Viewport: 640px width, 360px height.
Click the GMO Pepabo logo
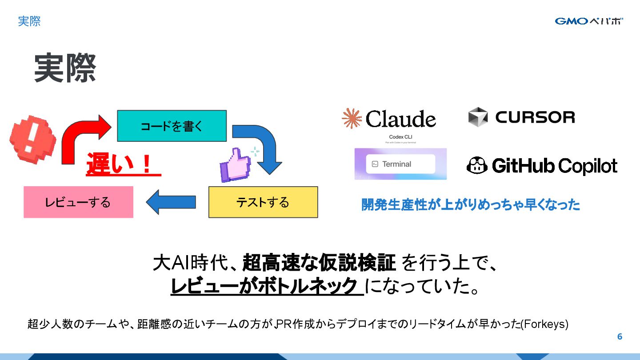tap(589, 21)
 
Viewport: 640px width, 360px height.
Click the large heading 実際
tap(65, 68)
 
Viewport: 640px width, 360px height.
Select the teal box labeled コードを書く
tap(172, 126)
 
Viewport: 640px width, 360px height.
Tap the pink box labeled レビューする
tap(78, 202)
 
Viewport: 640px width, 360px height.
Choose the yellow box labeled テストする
tap(263, 202)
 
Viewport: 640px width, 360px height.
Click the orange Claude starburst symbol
tap(352, 118)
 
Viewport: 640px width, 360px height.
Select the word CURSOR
tap(535, 117)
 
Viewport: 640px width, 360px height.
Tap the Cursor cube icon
tap(478, 117)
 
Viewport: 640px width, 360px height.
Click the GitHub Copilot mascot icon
tap(476, 166)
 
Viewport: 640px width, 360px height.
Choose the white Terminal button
tap(400, 164)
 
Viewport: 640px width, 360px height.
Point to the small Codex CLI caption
tap(400, 136)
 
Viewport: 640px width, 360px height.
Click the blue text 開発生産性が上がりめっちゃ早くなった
tap(470, 204)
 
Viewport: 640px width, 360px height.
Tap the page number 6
tap(620, 337)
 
